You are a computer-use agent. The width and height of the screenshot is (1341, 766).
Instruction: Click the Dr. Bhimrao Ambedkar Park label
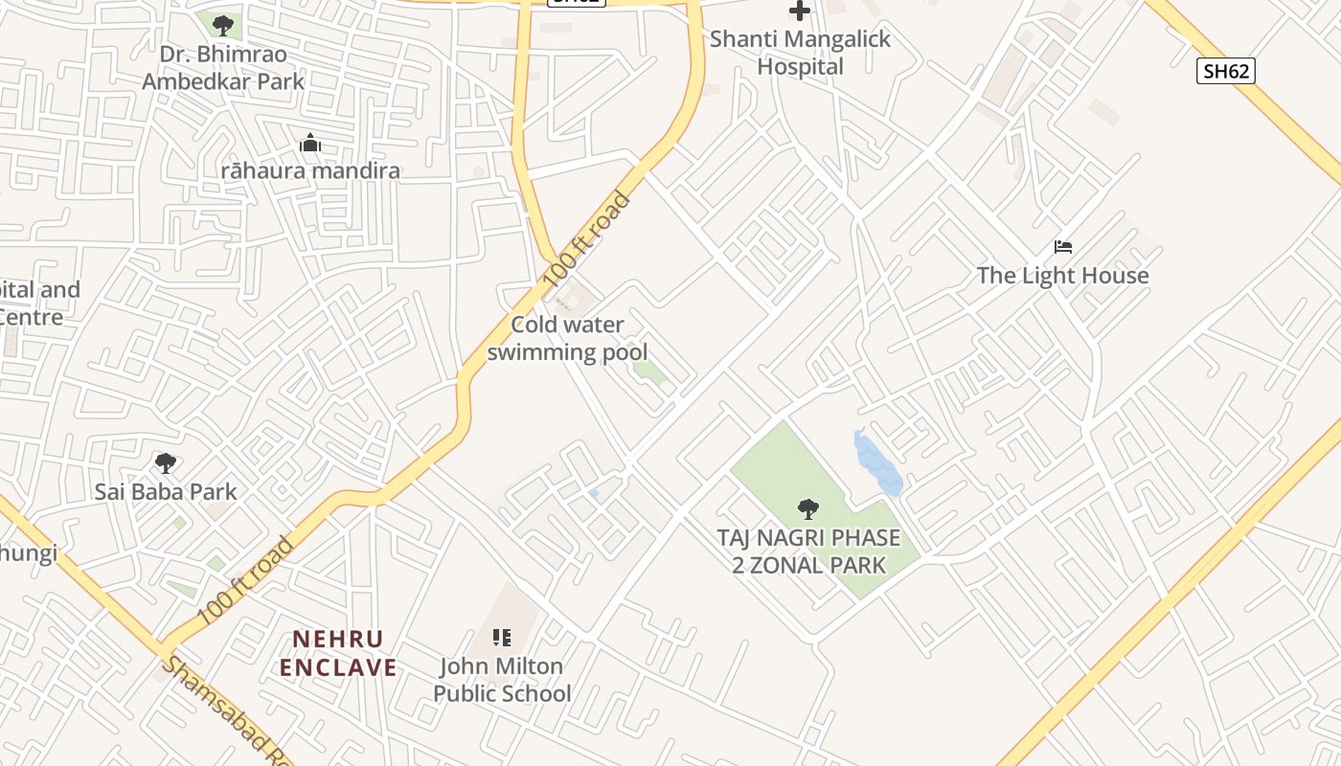pyautogui.click(x=223, y=68)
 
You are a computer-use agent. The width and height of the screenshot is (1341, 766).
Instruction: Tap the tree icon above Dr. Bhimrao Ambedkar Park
pyautogui.click(x=223, y=25)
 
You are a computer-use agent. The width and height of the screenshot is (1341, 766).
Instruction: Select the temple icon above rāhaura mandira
pyautogui.click(x=310, y=144)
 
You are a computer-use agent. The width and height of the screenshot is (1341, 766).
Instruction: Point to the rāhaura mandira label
pyautogui.click(x=310, y=171)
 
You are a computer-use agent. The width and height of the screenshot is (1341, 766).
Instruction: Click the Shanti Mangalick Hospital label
pyautogui.click(x=800, y=53)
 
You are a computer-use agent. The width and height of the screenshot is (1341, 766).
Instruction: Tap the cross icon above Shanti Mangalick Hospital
pyautogui.click(x=800, y=11)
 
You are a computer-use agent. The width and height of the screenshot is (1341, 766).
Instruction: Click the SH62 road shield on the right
pyautogui.click(x=1225, y=70)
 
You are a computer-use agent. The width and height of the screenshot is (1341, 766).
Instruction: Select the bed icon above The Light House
pyautogui.click(x=1062, y=247)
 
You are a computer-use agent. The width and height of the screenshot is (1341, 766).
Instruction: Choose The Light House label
pyautogui.click(x=1062, y=276)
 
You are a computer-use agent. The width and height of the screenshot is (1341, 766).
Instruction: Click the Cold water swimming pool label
pyautogui.click(x=567, y=338)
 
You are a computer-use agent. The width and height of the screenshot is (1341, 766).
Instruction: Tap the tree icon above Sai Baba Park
pyautogui.click(x=166, y=463)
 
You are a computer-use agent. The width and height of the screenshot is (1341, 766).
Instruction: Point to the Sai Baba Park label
pyautogui.click(x=166, y=492)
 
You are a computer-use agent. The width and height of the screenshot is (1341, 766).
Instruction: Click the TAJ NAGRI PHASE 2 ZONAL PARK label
pyautogui.click(x=809, y=551)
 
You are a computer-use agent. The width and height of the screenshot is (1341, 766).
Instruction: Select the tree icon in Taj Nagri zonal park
pyautogui.click(x=808, y=508)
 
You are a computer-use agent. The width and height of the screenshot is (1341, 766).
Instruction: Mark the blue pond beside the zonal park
pyautogui.click(x=876, y=462)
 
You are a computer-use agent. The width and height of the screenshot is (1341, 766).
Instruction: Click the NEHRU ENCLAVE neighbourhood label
pyautogui.click(x=338, y=653)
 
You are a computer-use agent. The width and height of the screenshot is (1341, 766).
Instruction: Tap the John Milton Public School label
pyautogui.click(x=502, y=679)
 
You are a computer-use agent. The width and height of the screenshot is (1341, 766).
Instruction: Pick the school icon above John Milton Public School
pyautogui.click(x=502, y=637)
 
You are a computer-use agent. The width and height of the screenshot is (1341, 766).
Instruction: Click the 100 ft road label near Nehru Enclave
pyautogui.click(x=245, y=580)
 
